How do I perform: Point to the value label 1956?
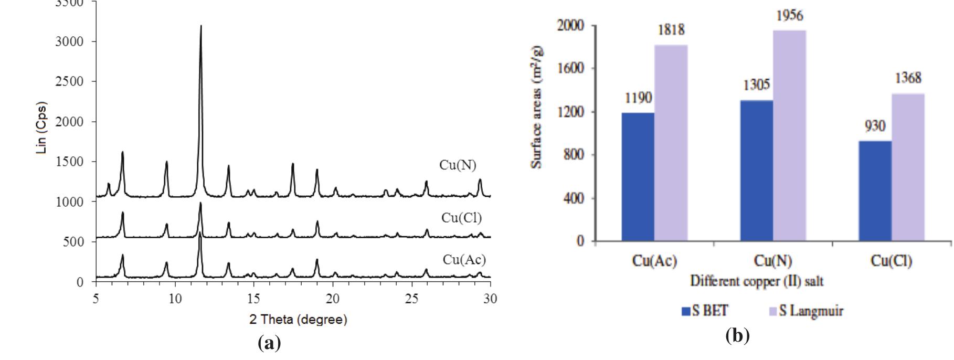pyautogui.click(x=789, y=16)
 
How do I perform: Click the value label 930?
pyautogui.click(x=875, y=126)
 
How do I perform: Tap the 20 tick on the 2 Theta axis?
pyautogui.click(x=333, y=299)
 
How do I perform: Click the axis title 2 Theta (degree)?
pyautogui.click(x=298, y=320)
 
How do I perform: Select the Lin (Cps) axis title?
pyautogui.click(x=41, y=127)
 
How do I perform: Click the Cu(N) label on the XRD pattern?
pyautogui.click(x=458, y=165)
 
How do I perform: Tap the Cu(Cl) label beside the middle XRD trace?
pyautogui.click(x=461, y=218)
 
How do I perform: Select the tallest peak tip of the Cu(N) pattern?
pyautogui.click(x=201, y=26)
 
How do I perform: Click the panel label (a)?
pyautogui.click(x=270, y=343)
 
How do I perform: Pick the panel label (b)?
pyautogui.click(x=737, y=335)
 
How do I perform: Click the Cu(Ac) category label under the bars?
pyautogui.click(x=654, y=261)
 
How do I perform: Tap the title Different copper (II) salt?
pyautogui.click(x=756, y=281)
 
